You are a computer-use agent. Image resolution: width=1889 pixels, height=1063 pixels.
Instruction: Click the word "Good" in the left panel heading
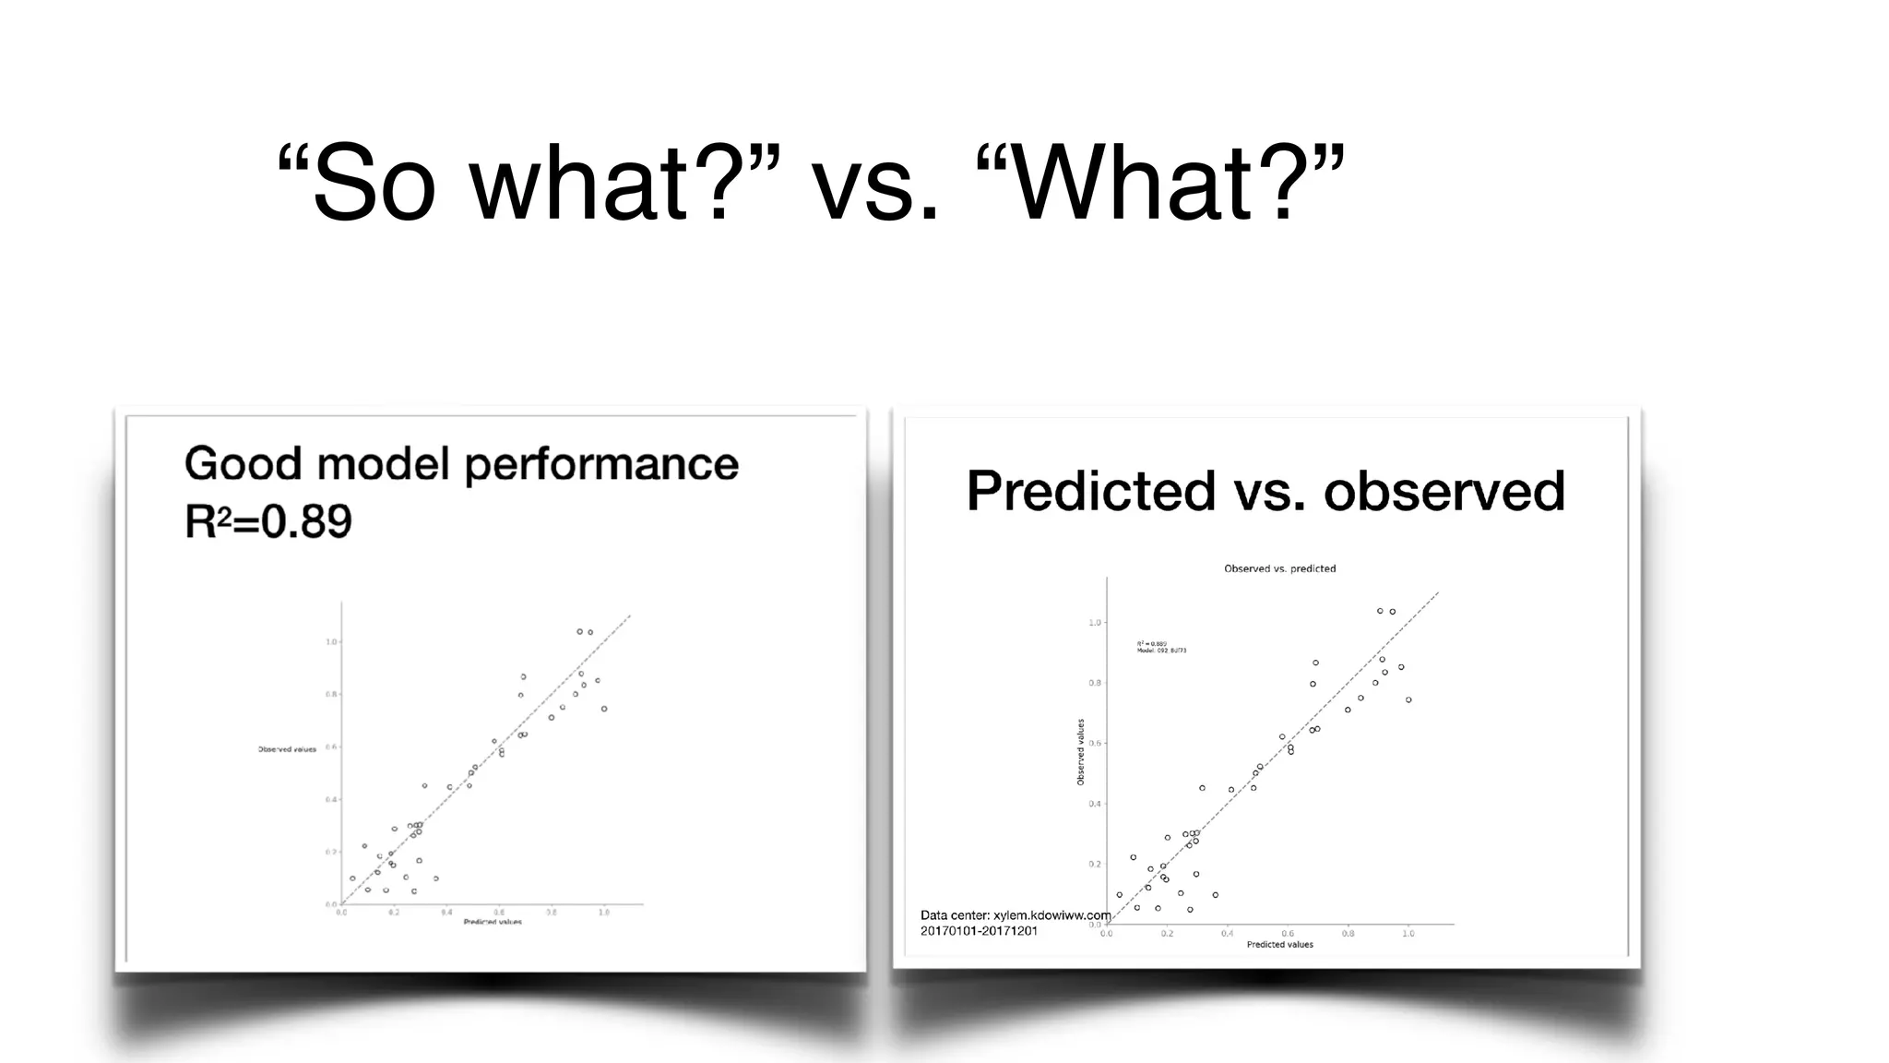coord(243,463)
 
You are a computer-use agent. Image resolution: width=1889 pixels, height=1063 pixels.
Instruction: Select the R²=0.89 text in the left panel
coord(268,521)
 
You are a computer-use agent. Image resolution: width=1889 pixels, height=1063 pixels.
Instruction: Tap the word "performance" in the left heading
coord(601,463)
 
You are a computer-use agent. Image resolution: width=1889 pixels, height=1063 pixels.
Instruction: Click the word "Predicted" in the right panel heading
coord(1090,490)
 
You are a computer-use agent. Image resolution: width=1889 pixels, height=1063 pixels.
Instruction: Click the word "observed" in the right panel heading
coord(1444,490)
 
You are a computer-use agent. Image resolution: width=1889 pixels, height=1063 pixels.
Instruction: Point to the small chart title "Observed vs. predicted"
coord(1279,568)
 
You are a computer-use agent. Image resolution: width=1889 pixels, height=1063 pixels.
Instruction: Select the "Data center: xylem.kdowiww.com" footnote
coord(1015,915)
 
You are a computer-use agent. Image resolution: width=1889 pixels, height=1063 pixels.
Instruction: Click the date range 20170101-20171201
coord(979,931)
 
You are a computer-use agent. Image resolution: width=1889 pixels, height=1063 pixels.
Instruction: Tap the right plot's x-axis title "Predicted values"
coord(1279,944)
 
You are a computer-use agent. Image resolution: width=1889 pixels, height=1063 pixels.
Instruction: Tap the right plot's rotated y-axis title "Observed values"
coord(1081,752)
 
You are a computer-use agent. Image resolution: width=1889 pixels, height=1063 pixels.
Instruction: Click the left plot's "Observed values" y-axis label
coord(287,749)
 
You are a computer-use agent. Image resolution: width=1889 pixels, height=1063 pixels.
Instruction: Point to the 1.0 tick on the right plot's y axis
coord(1095,623)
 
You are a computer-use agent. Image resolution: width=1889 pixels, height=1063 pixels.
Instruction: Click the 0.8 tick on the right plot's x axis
coord(1348,934)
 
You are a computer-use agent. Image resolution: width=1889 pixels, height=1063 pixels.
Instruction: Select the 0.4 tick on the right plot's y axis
coord(1095,804)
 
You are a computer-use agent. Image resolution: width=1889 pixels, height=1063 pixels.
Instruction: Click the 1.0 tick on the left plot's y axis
coord(332,641)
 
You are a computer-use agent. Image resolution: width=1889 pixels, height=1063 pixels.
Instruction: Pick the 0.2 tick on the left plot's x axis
coord(394,913)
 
